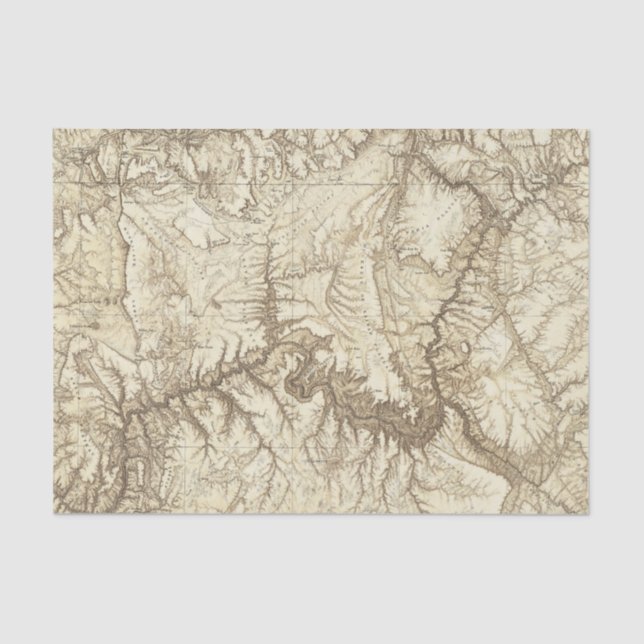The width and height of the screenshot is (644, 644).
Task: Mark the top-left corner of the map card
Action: [47, 130]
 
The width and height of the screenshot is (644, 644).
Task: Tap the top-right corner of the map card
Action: [590, 130]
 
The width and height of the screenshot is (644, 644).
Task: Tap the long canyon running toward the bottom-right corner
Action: [520, 440]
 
